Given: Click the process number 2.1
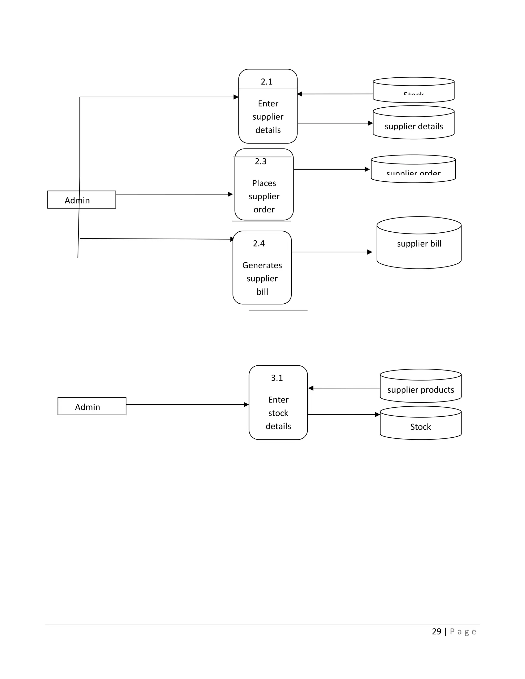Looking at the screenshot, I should pos(267,82).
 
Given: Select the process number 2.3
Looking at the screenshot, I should pos(261,161).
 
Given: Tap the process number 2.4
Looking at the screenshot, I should pos(259,243).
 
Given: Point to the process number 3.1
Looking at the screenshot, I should pos(277,378).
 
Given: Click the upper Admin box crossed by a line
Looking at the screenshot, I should pos(82,200).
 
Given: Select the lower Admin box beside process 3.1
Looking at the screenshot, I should pos(92,407).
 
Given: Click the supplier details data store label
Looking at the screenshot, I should pos(414,126).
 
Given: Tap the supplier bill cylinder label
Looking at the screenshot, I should pos(419,244).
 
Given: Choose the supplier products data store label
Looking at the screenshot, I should pos(420,390).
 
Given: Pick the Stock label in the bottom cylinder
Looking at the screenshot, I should pos(420,427).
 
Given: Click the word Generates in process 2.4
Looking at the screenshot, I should pos(262,265).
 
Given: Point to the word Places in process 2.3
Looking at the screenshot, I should pos(264,183).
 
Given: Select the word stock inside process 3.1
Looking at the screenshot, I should pos(278,413).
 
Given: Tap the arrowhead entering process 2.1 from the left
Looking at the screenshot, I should pos(236,97).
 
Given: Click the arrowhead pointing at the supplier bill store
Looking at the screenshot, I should pos(370,252).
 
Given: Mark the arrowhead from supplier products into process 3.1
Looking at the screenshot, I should pos(311,388).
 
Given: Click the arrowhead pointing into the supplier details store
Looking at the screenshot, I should pos(370,123).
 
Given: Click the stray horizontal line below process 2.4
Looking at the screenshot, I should pos(278,311).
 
